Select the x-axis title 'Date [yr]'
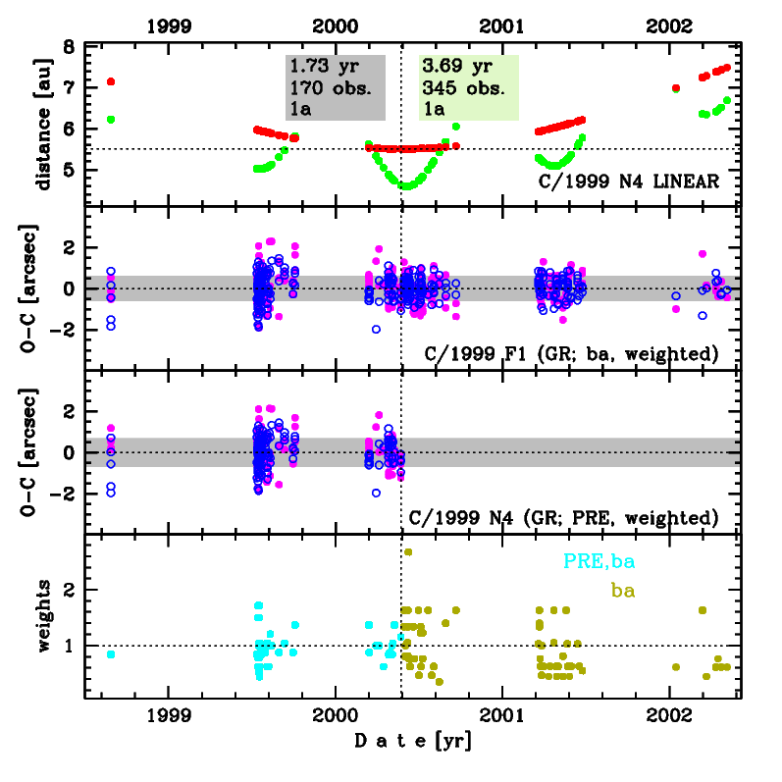tap(412, 743)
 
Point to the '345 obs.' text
tap(464, 88)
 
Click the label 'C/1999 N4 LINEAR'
tap(631, 182)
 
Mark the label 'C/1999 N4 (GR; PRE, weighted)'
tap(563, 516)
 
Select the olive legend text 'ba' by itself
tap(622, 591)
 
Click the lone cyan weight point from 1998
tap(111, 654)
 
